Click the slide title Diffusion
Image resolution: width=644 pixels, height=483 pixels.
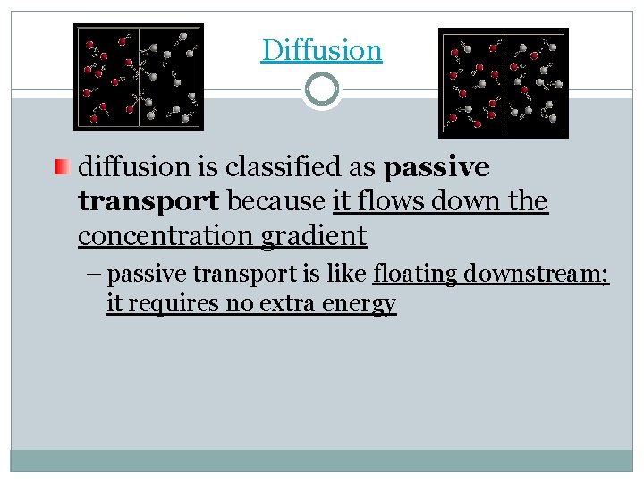tap(321, 50)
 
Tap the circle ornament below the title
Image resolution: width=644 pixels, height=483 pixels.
tap(321, 89)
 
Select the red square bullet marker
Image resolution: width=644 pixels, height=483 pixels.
tap(59, 166)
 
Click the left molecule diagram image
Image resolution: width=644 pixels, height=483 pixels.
tap(138, 77)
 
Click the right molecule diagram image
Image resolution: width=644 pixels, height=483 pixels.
tap(503, 82)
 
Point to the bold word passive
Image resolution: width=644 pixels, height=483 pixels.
tap(436, 167)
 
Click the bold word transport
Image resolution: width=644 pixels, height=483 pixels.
tap(149, 201)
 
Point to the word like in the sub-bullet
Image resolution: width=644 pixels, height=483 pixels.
tap(352, 272)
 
